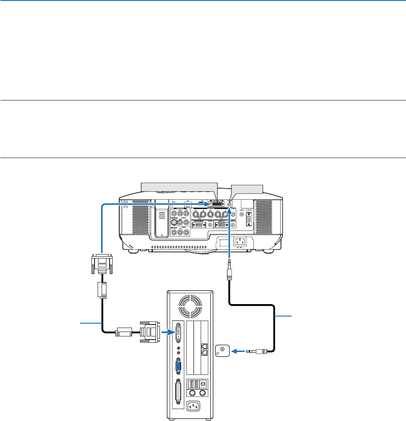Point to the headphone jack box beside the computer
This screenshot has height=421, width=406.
coord(222,351)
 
